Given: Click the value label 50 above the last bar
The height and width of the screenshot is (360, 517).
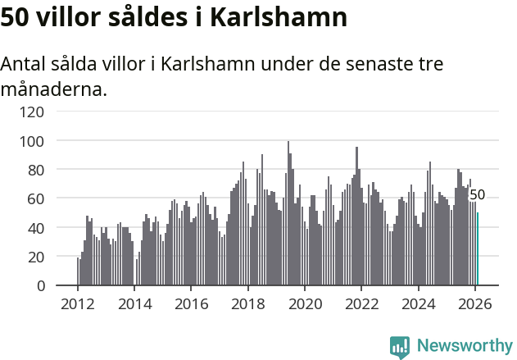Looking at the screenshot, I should (477, 195).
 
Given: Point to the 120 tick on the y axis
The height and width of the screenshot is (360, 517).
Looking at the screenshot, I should (32, 112).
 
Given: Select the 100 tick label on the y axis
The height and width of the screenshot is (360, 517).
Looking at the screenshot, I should (32, 141).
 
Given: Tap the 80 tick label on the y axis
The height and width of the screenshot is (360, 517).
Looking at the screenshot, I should (36, 170).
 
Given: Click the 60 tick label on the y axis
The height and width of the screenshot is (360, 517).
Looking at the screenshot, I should (36, 198).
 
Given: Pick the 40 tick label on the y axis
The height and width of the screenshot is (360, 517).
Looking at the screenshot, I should (36, 228).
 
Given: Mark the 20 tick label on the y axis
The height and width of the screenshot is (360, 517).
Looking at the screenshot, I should (36, 257).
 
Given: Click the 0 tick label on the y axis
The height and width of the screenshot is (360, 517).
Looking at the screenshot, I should (40, 286).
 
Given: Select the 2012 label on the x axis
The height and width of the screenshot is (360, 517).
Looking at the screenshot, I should (78, 303).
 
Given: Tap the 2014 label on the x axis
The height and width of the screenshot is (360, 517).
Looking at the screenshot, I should (135, 303).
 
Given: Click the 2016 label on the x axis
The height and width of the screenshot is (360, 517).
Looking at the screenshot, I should (192, 303).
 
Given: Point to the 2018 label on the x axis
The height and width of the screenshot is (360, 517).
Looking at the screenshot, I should (248, 303).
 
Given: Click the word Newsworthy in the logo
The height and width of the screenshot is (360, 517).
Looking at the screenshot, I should (465, 346).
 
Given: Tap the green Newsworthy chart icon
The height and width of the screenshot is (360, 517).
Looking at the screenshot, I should (400, 347).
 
